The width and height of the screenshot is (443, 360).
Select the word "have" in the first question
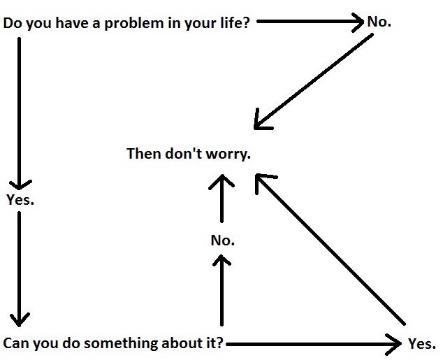(73, 22)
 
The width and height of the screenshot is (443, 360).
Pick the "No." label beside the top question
(379, 22)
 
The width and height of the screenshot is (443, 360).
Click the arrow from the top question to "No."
(310, 22)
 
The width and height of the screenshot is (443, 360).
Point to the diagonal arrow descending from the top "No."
(313, 82)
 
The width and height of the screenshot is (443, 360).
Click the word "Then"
(144, 154)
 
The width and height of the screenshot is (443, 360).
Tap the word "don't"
(184, 154)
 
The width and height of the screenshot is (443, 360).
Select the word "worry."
(228, 155)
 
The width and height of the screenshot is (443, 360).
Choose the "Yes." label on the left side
(20, 200)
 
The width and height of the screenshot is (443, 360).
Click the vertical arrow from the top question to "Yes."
(19, 114)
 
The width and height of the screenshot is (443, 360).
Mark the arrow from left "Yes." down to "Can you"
(19, 269)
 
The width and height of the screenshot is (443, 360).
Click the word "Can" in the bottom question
(15, 343)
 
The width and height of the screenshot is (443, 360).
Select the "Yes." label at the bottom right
(422, 344)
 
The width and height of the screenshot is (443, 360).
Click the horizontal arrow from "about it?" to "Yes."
(314, 344)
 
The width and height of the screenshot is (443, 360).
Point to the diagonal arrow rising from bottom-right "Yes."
(330, 250)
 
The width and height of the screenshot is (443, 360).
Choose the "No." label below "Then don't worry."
(223, 240)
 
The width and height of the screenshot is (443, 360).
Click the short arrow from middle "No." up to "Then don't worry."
(221, 199)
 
